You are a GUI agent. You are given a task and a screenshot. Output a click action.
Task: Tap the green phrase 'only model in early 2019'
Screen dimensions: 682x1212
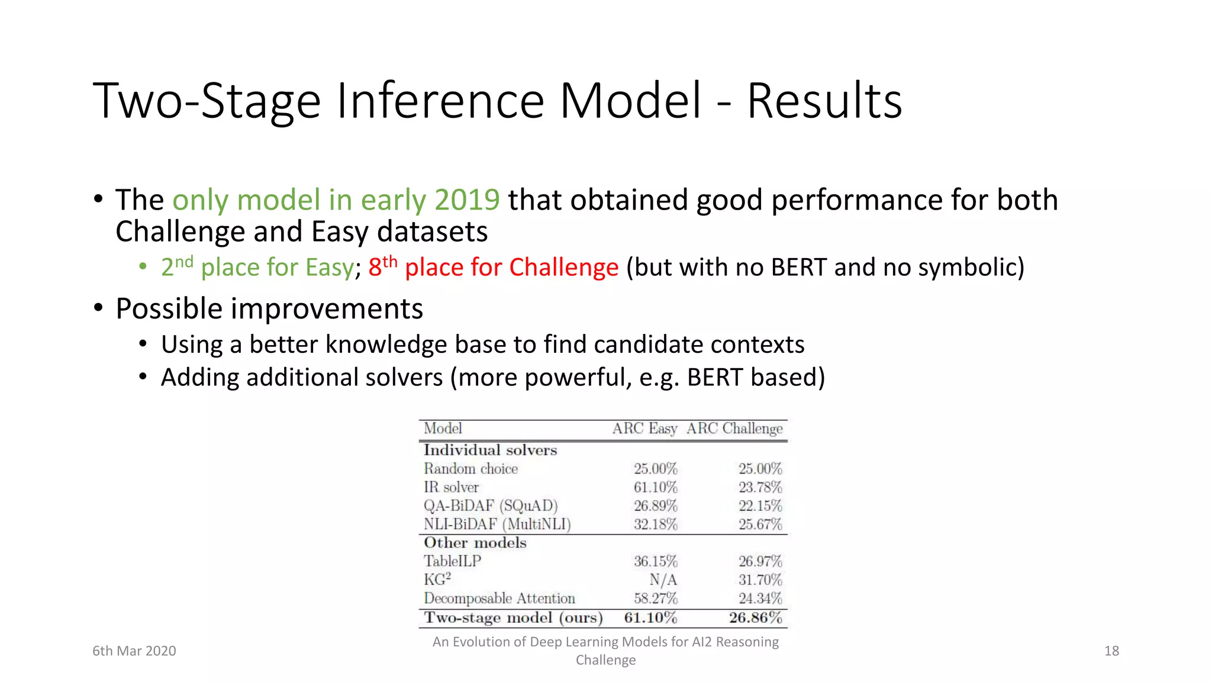pos(336,200)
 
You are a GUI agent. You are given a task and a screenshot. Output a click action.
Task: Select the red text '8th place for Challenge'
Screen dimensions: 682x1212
pos(493,267)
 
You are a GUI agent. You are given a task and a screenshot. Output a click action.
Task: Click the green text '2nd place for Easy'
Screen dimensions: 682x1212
pos(257,267)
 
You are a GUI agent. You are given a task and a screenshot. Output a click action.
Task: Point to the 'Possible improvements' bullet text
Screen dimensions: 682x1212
pos(269,309)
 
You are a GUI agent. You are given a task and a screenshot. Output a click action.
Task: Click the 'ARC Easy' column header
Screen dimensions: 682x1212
pos(644,429)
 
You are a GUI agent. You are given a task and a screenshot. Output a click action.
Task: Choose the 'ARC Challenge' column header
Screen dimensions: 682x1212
pos(734,429)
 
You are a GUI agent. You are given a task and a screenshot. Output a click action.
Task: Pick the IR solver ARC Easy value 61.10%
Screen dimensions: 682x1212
pos(655,487)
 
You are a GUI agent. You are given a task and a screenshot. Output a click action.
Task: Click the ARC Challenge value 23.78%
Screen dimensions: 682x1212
pos(760,487)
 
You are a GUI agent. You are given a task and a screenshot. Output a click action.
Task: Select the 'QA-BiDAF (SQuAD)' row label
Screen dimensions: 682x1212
pos(491,506)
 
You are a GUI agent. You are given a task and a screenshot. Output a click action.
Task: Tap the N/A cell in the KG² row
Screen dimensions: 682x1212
pos(663,580)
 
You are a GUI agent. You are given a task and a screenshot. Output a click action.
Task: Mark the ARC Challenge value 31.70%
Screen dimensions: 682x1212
pos(760,580)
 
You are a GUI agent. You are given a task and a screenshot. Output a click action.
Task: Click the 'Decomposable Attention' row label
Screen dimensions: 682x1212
pos(499,599)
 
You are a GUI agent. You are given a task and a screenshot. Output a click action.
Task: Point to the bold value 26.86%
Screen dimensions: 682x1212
pos(755,618)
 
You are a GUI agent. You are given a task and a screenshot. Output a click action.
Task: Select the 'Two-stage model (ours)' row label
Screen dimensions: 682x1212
pos(513,618)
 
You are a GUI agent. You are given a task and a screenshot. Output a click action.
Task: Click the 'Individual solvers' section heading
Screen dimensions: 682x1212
pos(490,450)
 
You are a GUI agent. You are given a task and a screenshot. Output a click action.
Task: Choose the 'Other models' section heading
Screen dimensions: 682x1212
pos(475,543)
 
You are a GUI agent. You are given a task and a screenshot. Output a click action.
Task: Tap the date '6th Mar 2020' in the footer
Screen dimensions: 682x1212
pos(134,651)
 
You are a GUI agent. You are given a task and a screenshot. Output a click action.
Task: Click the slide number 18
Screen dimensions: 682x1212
pos(1111,651)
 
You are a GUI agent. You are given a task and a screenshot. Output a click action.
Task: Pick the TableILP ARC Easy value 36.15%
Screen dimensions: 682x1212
pos(655,561)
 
